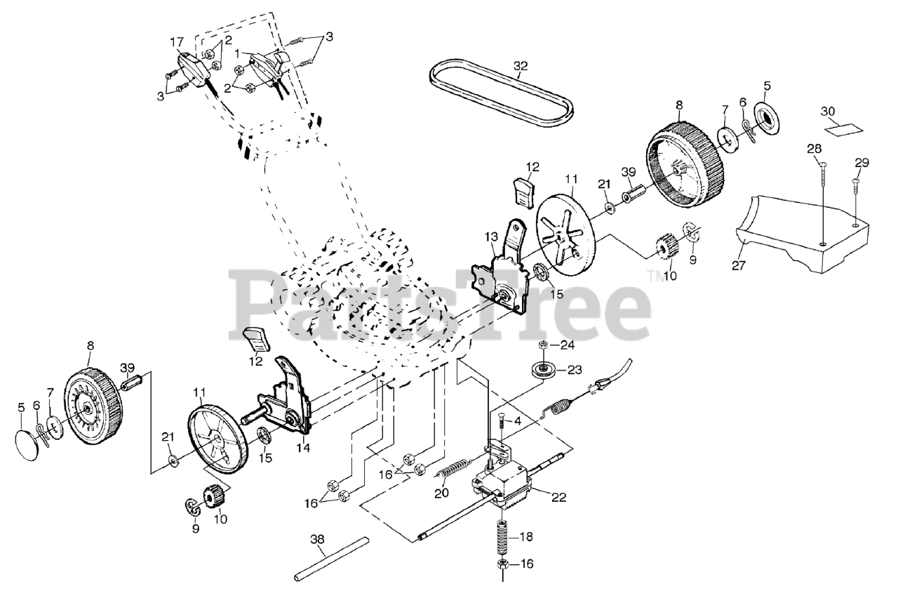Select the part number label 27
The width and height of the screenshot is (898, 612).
(x=739, y=265)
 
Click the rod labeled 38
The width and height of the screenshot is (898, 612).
(x=332, y=560)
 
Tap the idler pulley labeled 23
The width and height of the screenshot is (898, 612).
(x=542, y=370)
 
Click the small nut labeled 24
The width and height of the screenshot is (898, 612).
(x=542, y=345)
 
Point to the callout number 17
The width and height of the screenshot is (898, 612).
(x=176, y=41)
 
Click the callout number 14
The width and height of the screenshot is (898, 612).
(x=304, y=447)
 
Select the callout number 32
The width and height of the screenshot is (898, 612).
(x=521, y=65)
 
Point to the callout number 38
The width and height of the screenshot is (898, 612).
(x=317, y=539)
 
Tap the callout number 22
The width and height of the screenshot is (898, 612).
(x=559, y=498)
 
